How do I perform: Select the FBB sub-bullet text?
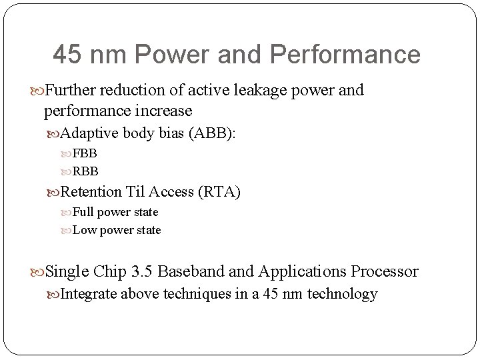(85, 153)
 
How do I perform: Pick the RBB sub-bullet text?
(85, 171)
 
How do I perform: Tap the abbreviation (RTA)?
(219, 193)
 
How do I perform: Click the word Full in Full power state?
(83, 212)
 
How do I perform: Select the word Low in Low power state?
(83, 230)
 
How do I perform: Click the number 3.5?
(141, 272)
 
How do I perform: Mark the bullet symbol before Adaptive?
(54, 133)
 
